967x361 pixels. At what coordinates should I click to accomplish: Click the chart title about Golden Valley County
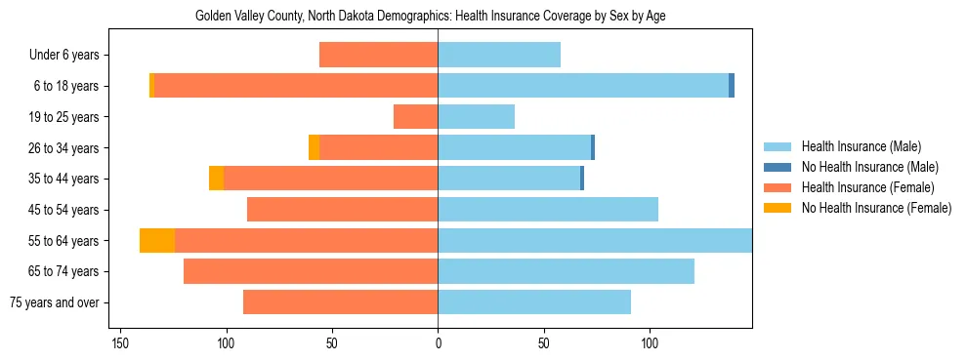click(430, 17)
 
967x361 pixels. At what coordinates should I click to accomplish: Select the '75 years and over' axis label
click(56, 302)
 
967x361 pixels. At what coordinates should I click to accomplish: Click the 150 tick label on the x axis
click(120, 343)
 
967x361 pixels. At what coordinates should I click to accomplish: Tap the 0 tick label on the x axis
click(438, 343)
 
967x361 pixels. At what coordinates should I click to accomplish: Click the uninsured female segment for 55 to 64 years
click(157, 240)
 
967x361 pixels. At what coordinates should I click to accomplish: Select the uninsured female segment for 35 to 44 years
click(216, 179)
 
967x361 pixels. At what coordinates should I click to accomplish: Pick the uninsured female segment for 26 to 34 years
click(314, 147)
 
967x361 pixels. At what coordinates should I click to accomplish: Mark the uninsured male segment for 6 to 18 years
click(732, 86)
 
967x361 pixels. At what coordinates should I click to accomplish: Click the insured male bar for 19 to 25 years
click(476, 117)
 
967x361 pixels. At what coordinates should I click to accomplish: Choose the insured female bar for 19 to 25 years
click(415, 117)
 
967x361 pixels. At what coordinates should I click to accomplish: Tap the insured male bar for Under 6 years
click(499, 56)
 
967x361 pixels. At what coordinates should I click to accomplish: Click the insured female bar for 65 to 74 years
click(311, 271)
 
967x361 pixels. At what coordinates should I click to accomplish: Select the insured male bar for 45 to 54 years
click(548, 210)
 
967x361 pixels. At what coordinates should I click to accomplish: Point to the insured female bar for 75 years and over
click(340, 302)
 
